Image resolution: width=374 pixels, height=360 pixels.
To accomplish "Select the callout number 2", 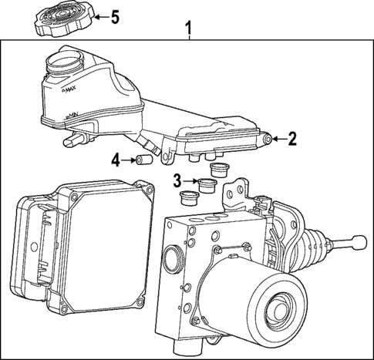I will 291,140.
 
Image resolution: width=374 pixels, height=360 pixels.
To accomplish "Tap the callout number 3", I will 177,181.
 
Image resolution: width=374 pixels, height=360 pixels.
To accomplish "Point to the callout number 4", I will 115,160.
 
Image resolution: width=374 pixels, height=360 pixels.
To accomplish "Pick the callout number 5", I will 115,16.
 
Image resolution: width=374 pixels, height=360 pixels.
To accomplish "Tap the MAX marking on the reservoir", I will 69,91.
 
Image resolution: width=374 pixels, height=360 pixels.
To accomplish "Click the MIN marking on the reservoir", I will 72,116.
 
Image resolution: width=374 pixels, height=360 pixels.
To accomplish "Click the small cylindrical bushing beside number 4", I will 143,161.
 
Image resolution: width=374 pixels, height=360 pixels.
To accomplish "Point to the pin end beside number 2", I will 267,140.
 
